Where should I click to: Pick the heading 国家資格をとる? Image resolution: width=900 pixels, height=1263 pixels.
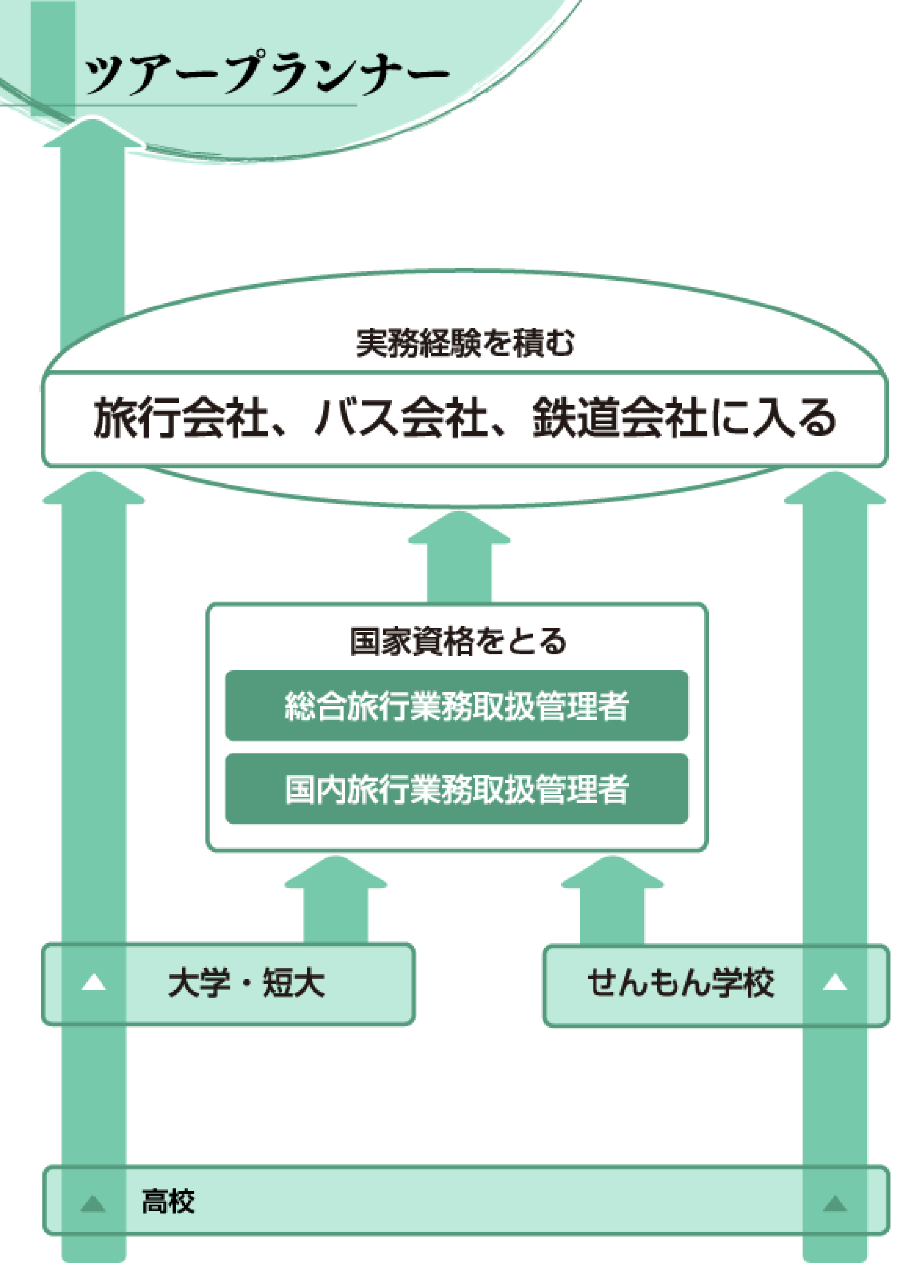coord(458,642)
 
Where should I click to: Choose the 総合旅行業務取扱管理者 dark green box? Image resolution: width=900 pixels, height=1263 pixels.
coord(457,706)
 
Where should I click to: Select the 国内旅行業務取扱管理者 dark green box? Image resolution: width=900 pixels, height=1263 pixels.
coord(457,789)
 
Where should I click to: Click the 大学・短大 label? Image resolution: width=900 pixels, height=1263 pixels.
coord(246,983)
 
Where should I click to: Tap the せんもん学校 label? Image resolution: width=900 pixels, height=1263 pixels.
coord(680,983)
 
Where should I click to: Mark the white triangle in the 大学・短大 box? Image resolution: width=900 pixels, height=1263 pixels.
coord(94,983)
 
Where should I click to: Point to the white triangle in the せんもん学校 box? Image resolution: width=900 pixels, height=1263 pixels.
coord(834,983)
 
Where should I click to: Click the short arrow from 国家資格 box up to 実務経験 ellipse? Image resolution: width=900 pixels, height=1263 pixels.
coord(459,557)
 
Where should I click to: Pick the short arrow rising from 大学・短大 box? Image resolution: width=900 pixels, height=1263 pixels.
coord(335,901)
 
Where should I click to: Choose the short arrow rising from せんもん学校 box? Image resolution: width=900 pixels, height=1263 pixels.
coord(612,901)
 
